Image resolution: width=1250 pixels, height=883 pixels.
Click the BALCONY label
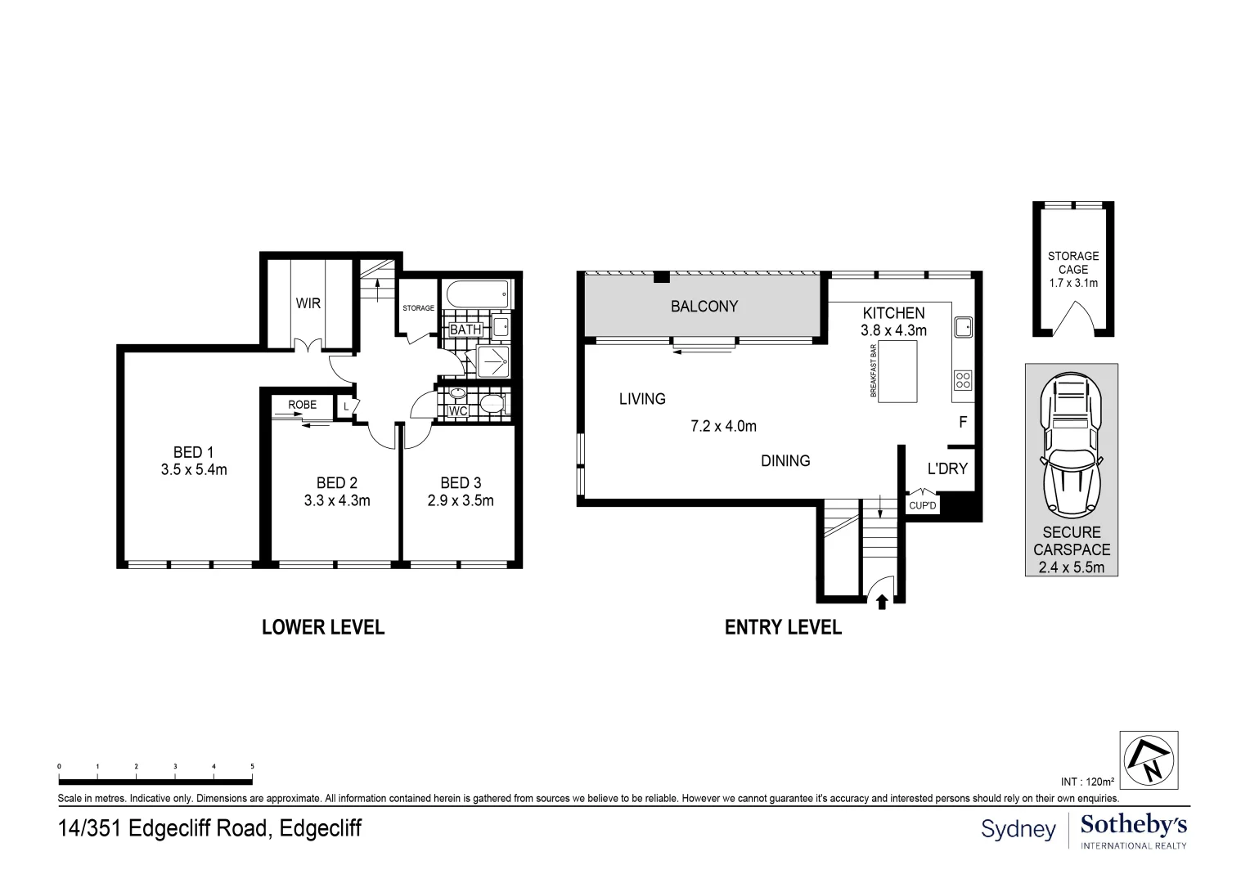click(x=704, y=307)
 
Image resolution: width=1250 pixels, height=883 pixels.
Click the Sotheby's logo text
click(x=1134, y=824)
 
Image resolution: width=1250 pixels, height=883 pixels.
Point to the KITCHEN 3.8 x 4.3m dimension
click(x=893, y=331)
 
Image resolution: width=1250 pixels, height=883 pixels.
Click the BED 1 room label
click(x=193, y=452)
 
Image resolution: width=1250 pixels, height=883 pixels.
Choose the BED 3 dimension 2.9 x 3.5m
click(x=460, y=500)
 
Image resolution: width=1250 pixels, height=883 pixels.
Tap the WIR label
click(x=308, y=303)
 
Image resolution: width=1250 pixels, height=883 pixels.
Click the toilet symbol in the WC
click(x=492, y=403)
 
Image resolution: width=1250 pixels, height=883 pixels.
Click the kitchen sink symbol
click(x=963, y=327)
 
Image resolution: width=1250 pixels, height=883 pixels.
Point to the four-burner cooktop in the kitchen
click(x=963, y=380)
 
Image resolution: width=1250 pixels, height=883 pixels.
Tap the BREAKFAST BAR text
click(x=873, y=371)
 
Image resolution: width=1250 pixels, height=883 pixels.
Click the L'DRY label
click(x=946, y=469)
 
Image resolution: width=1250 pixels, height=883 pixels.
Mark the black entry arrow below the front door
click(x=882, y=603)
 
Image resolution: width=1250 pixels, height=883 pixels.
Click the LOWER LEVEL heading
click(x=322, y=627)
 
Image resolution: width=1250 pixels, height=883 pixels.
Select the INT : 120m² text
click(x=1086, y=782)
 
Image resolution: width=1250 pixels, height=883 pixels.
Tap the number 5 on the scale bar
click(x=252, y=766)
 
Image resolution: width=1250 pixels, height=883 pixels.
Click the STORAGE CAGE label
click(x=1072, y=262)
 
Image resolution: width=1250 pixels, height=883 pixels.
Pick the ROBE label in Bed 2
click(x=302, y=405)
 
